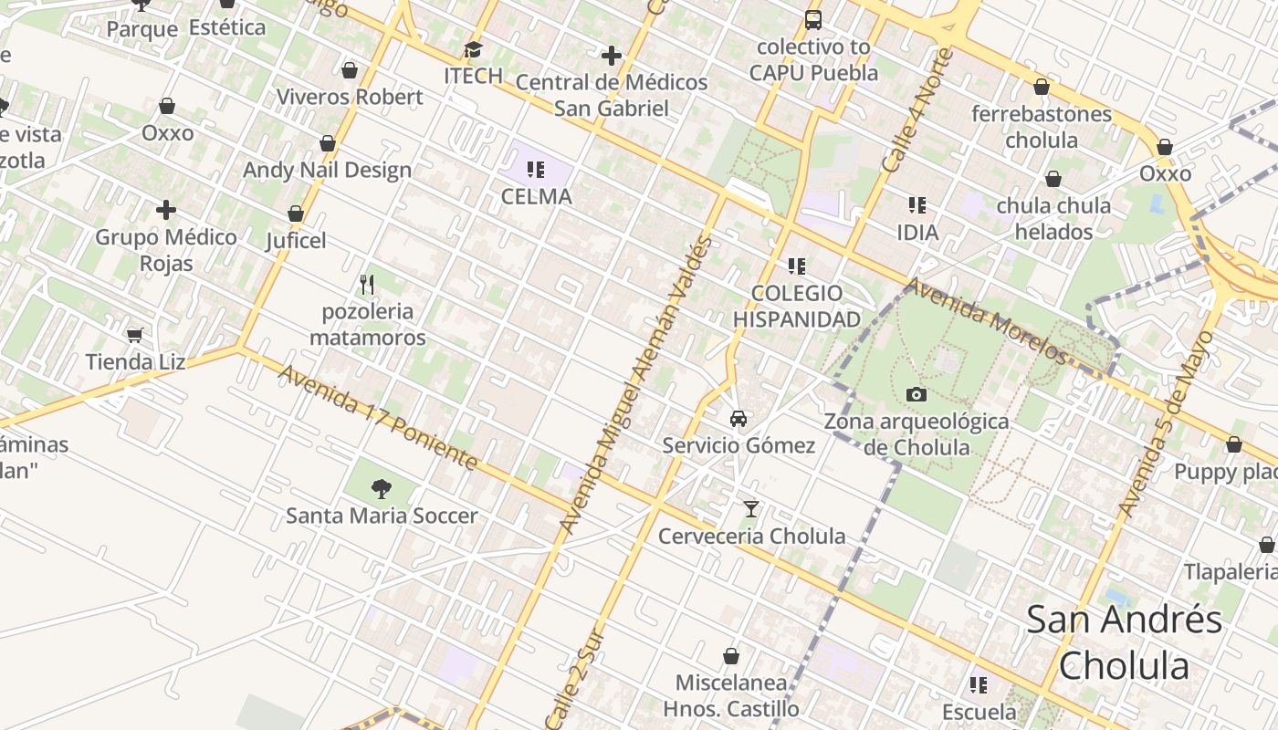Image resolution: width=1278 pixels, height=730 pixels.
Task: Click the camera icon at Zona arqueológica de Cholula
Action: [x=917, y=394]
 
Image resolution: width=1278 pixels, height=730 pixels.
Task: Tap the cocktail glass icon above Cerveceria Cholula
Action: [x=751, y=508]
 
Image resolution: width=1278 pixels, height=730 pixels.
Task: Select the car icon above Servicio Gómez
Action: [x=739, y=419]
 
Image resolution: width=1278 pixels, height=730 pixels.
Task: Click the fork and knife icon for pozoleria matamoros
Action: [x=367, y=285]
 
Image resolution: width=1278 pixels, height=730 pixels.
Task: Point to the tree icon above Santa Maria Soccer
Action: [x=382, y=489]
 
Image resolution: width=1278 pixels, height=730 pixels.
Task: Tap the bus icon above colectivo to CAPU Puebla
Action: [x=812, y=19]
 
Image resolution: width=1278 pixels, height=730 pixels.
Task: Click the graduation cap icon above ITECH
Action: [x=473, y=49]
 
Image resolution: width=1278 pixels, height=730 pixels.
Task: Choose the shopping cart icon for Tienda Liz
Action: [x=135, y=335]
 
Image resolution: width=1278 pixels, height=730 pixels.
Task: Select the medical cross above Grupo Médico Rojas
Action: [x=166, y=211]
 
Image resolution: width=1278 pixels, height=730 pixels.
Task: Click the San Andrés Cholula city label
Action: [x=1125, y=641]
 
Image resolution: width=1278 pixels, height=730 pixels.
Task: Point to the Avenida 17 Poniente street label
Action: [x=378, y=418]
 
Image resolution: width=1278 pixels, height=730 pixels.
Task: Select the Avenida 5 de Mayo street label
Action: [x=1168, y=423]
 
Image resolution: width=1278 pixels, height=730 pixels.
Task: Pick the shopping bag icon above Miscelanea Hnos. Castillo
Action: [x=731, y=656]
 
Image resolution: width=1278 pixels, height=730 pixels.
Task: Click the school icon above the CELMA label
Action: [x=536, y=169]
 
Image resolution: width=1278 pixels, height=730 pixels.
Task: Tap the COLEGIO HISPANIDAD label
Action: [x=797, y=306]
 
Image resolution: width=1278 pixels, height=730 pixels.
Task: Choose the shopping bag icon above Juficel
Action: [x=296, y=214]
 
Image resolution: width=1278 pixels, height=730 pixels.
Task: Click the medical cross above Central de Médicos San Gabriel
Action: [x=612, y=56]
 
